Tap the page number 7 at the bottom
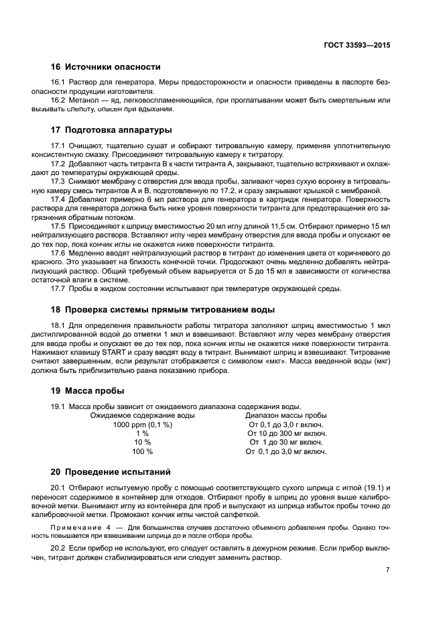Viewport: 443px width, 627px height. coord(388,569)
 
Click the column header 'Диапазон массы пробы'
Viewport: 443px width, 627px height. coord(286,415)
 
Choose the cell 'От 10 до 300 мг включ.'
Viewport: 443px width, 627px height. coord(286,433)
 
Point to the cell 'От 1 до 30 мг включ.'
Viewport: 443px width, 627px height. coord(286,443)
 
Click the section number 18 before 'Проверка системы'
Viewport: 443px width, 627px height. coord(56,309)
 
